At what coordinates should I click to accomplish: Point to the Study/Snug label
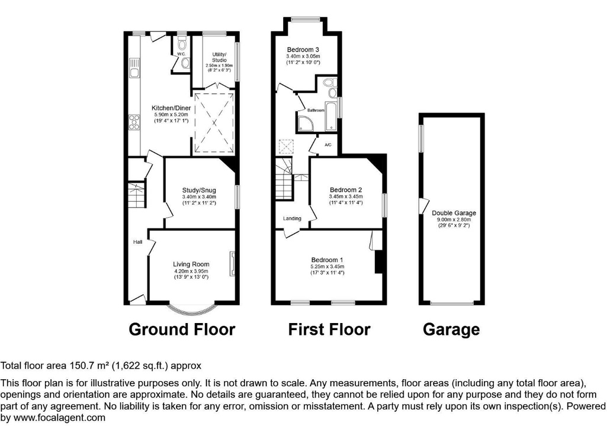click(199, 190)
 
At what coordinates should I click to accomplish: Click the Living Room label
click(191, 264)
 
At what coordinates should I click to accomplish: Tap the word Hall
click(137, 241)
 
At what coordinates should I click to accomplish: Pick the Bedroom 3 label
click(303, 49)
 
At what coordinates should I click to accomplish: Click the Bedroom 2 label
click(346, 190)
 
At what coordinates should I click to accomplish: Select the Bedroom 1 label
click(327, 260)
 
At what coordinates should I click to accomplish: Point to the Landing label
click(292, 218)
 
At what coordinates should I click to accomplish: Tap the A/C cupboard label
click(328, 144)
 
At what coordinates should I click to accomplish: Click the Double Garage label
click(454, 213)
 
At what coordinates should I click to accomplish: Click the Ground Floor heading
click(182, 329)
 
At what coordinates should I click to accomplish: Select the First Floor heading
click(329, 329)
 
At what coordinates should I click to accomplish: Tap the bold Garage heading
click(451, 329)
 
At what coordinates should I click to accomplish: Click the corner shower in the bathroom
click(307, 122)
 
